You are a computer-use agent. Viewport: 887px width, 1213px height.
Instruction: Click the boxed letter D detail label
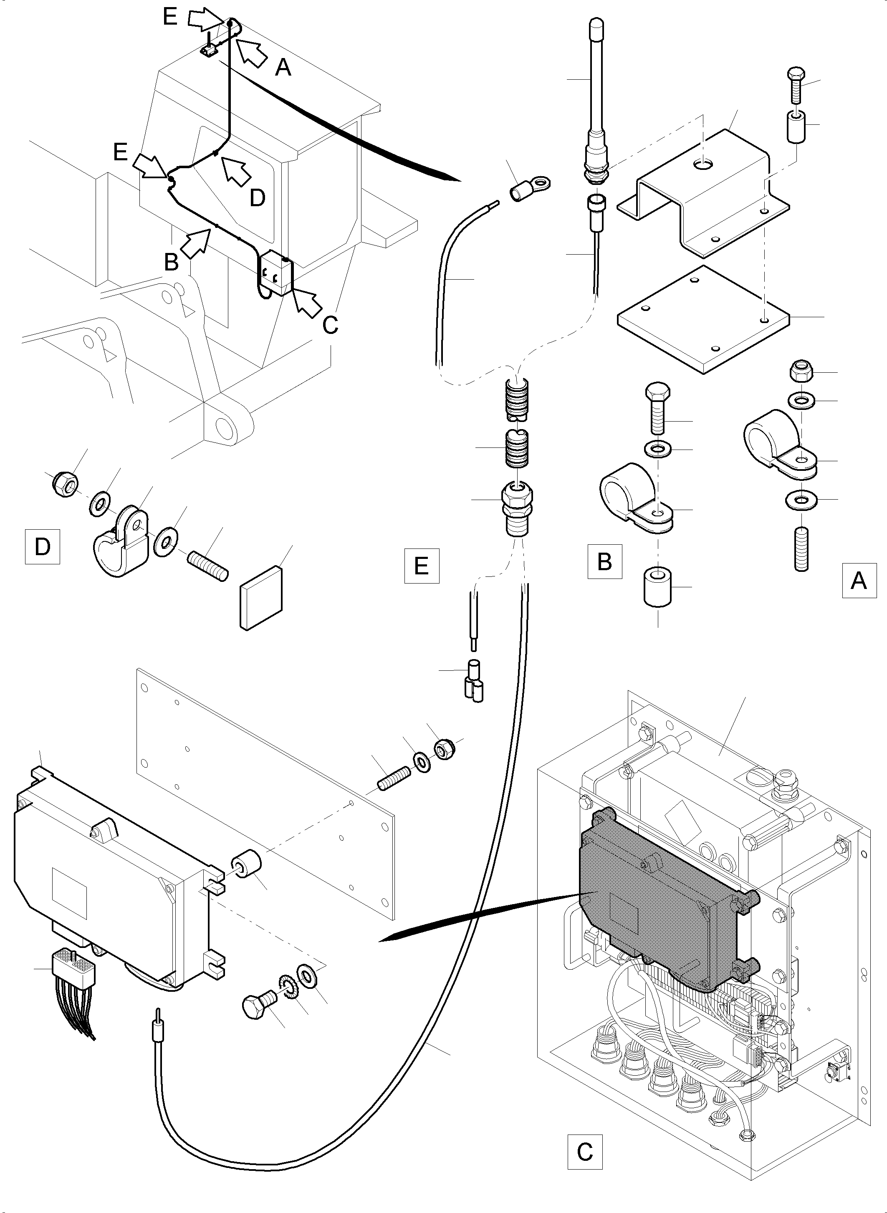click(42, 547)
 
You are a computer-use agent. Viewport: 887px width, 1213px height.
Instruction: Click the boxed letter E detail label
click(422, 566)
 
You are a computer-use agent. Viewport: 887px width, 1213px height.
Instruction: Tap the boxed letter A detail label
click(859, 581)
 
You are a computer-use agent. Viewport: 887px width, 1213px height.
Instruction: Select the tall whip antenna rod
click(596, 81)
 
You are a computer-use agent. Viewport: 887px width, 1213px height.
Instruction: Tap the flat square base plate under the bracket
click(703, 319)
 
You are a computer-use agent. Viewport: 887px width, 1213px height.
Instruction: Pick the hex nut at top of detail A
click(801, 371)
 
